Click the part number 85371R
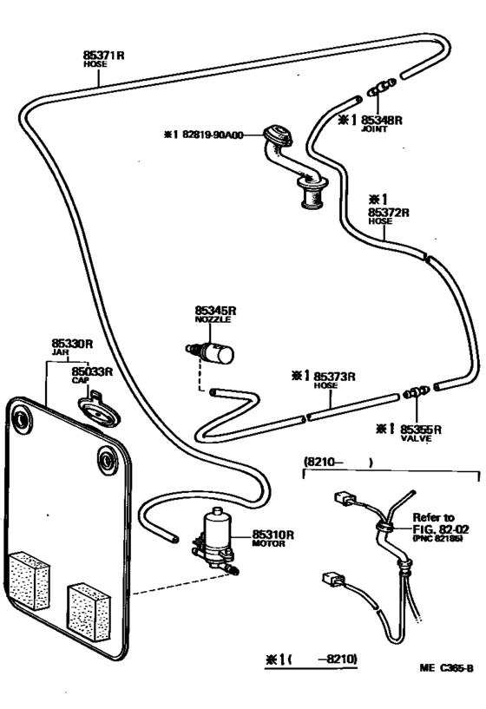pyautogui.click(x=104, y=54)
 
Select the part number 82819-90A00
pyautogui.click(x=213, y=135)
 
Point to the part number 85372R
pyautogui.click(x=388, y=211)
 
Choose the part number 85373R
pyautogui.click(x=335, y=376)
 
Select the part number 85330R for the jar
pyautogui.click(x=70, y=344)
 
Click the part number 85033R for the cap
pyautogui.click(x=92, y=371)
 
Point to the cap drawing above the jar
pyautogui.click(x=95, y=408)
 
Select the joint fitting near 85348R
pyautogui.click(x=378, y=88)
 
